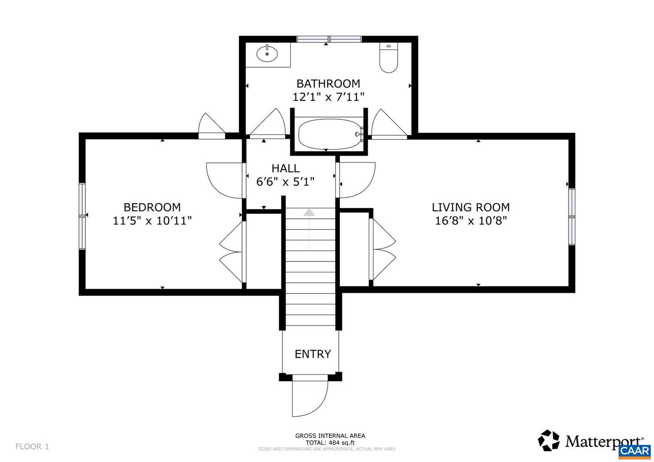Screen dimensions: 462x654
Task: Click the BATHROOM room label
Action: tap(328, 84)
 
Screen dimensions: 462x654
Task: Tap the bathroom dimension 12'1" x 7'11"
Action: tap(328, 97)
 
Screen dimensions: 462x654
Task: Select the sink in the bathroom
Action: tap(267, 54)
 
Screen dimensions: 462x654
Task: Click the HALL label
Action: tap(286, 168)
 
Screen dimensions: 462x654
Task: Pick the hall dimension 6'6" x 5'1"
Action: tap(286, 182)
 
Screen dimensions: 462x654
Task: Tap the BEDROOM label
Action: tap(152, 207)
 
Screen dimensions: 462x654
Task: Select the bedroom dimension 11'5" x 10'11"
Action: tap(152, 221)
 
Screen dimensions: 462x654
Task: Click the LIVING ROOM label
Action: tap(471, 207)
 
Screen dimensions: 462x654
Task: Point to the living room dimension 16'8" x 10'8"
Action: tap(471, 221)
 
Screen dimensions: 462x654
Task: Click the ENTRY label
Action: tap(312, 354)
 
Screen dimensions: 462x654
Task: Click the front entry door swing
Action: tap(310, 397)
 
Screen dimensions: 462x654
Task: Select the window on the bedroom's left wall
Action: tap(82, 216)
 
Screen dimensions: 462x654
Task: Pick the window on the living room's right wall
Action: tap(572, 216)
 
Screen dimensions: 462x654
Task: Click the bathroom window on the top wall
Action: tap(329, 39)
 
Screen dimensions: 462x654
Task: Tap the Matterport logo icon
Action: tap(549, 441)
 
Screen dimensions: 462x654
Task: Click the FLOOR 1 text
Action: tap(32, 447)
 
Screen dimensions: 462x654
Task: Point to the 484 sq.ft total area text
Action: tap(330, 442)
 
